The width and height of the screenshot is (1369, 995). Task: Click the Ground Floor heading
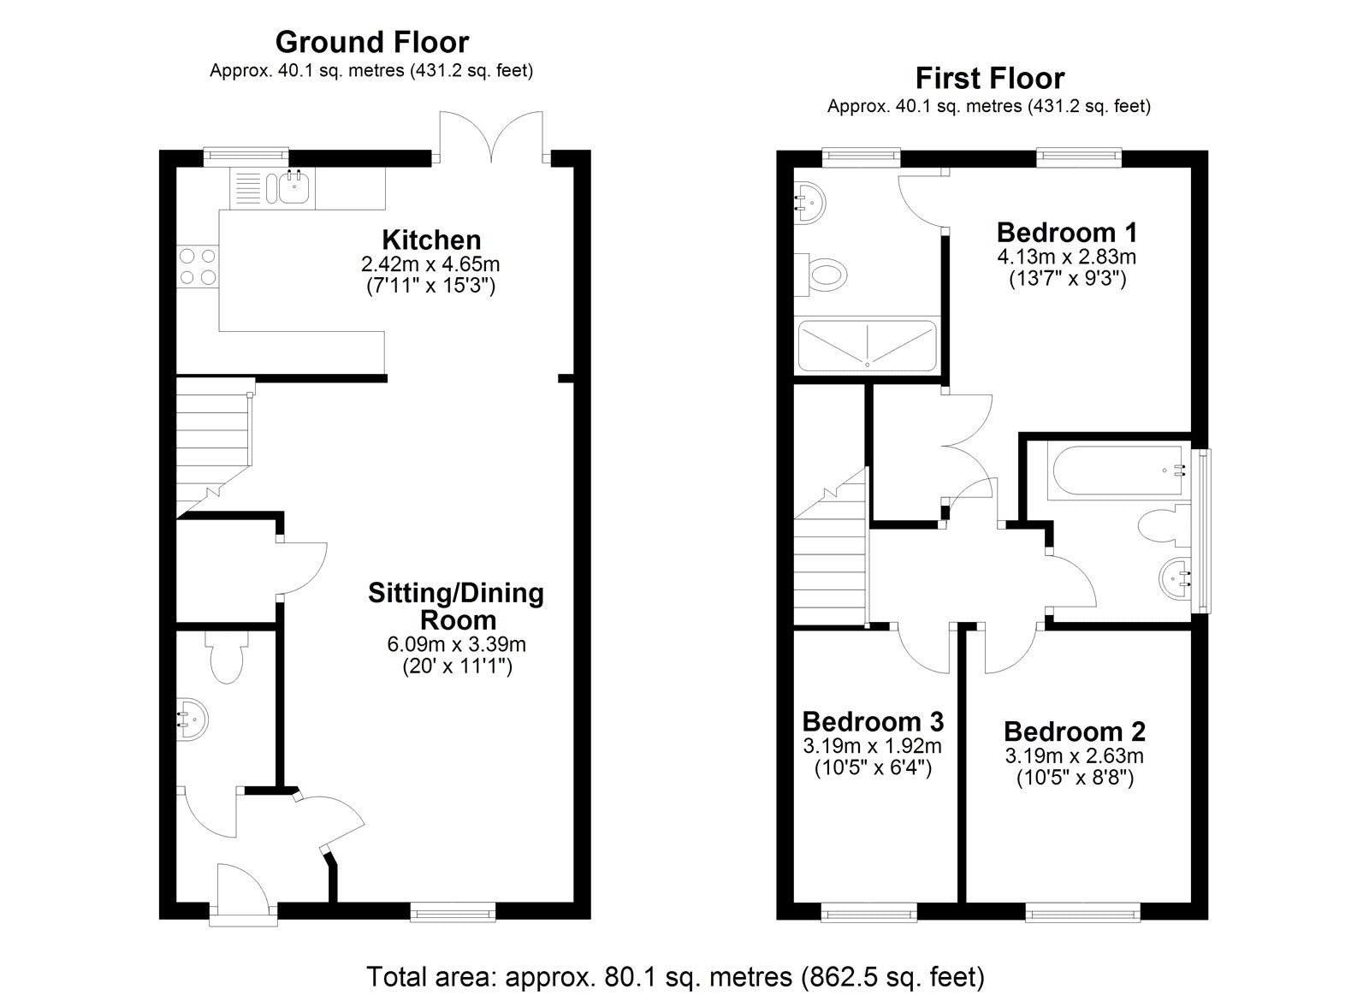tap(371, 42)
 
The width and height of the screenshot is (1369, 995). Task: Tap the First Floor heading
tap(989, 79)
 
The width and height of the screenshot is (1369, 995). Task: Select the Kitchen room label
tap(431, 240)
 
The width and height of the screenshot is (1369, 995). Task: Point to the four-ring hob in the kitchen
tap(196, 265)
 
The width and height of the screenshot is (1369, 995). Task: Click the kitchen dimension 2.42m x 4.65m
tap(430, 264)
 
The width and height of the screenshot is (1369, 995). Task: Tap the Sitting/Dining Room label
tap(455, 606)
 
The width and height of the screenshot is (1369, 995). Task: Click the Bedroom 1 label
tap(1066, 233)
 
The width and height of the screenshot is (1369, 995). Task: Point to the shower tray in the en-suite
tap(867, 345)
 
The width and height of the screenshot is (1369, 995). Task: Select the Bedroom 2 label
tap(1074, 731)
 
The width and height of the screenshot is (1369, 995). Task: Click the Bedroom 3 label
tap(873, 720)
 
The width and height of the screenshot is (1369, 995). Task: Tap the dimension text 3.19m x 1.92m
tap(872, 745)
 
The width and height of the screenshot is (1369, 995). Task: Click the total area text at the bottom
tap(675, 976)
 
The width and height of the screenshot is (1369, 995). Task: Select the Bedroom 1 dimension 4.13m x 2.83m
tap(1066, 257)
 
